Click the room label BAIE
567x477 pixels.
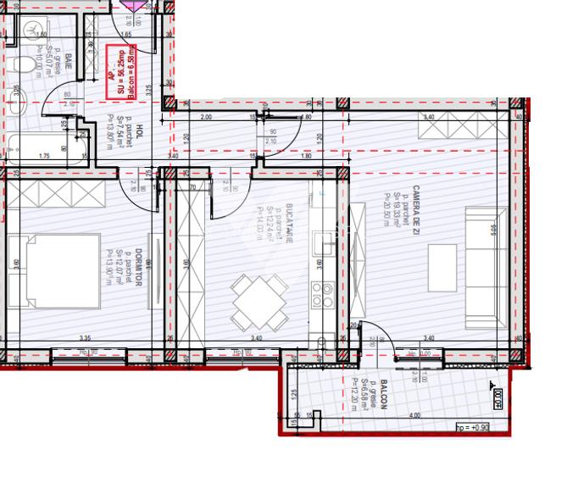(x=68, y=61)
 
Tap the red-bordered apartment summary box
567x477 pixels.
(x=122, y=70)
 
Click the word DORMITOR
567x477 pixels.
(x=137, y=268)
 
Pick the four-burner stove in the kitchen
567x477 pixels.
(x=322, y=295)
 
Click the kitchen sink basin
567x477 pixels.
(x=323, y=244)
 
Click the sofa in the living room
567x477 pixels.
(x=486, y=269)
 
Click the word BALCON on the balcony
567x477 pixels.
(x=383, y=394)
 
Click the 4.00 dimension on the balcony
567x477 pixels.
(x=414, y=416)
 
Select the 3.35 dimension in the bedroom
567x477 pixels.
(x=85, y=339)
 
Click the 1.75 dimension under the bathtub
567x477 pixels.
(x=44, y=156)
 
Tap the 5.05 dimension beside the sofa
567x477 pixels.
(x=516, y=229)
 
